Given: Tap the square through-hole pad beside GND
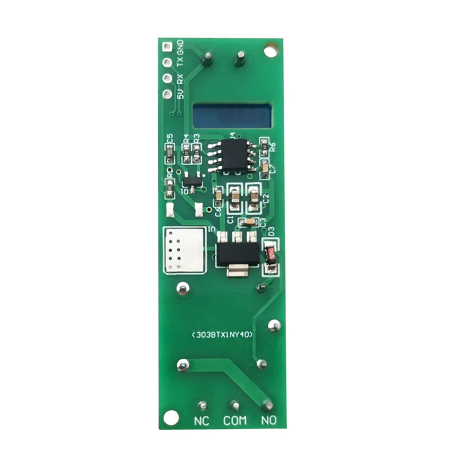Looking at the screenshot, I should tap(167, 46).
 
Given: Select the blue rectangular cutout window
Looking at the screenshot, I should tap(232, 116).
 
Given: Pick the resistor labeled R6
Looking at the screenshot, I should tap(264, 147).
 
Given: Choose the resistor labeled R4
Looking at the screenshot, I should tap(186, 153).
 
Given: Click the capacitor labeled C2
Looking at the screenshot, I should tap(254, 197).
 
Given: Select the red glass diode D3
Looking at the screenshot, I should tap(270, 255).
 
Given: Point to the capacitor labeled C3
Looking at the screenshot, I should tap(249, 221).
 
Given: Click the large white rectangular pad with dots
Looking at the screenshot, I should tap(184, 250).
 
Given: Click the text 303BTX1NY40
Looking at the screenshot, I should tap(222, 335).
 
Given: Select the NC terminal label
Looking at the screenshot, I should tap(201, 421).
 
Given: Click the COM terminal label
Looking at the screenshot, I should tap(234, 421).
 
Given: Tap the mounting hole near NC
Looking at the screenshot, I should tap(171, 417).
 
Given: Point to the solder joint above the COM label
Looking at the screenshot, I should tap(235, 406).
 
